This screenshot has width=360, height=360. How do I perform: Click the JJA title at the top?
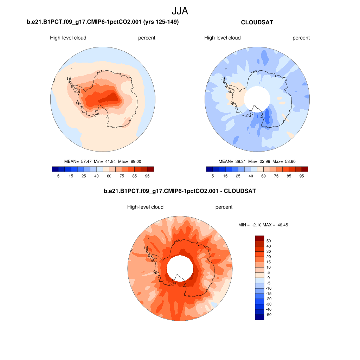[x=180, y=11]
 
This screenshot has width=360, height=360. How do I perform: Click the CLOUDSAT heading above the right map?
[x=257, y=22]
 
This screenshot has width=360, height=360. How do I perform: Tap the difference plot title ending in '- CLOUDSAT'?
[x=180, y=191]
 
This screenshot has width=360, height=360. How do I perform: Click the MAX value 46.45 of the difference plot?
[x=282, y=225]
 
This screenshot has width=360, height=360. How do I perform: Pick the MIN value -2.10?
[x=256, y=225]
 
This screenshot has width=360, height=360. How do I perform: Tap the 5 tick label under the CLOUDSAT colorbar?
[x=213, y=176]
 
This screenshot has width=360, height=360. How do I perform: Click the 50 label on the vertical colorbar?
[x=269, y=241]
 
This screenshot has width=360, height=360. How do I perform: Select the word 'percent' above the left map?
[x=147, y=38]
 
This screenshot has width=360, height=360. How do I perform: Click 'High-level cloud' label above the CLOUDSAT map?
[x=223, y=38]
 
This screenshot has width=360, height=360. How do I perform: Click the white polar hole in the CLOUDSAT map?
[x=257, y=98]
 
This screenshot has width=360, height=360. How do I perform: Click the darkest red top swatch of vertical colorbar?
[x=259, y=238]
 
